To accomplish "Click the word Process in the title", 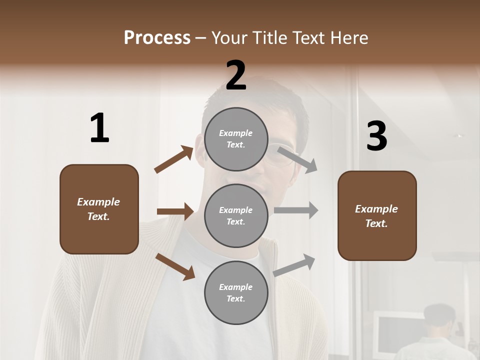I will click(x=157, y=38).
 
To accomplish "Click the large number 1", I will click(x=99, y=128).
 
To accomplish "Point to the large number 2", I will click(x=236, y=76).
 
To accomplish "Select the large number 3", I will click(x=376, y=136).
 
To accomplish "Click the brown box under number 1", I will click(x=99, y=209).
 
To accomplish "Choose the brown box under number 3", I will click(x=377, y=216).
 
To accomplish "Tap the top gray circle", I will click(x=236, y=139).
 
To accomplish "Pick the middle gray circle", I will click(x=236, y=216).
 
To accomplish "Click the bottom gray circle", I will click(x=236, y=293).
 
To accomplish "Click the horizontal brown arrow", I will click(x=175, y=211).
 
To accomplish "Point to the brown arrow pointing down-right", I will click(x=175, y=266).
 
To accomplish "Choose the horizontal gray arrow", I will click(x=296, y=210).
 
